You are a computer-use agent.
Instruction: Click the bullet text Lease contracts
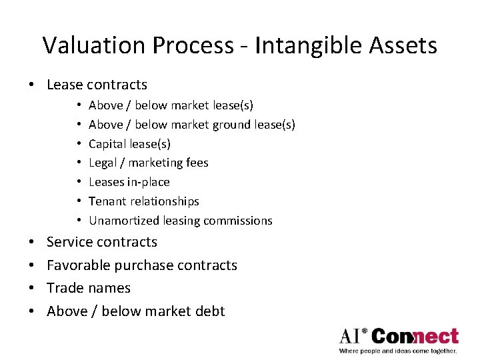coord(97,85)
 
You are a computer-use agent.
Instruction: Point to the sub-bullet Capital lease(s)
coord(129,143)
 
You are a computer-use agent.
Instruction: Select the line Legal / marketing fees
coord(148,163)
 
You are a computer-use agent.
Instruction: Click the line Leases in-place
coord(129,182)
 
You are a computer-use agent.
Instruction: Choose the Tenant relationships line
coord(143,201)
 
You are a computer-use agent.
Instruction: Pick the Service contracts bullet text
coord(101,242)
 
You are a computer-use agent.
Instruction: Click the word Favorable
coord(79,265)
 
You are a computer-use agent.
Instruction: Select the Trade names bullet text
coord(88,288)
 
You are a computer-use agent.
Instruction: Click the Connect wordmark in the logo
coord(415,335)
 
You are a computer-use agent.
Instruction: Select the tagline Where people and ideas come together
coord(398,351)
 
